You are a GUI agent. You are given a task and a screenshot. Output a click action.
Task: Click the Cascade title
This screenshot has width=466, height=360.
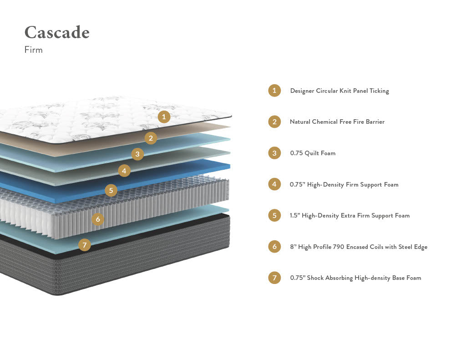click(x=57, y=33)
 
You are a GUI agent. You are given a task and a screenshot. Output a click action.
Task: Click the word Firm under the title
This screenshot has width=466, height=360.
click(x=34, y=50)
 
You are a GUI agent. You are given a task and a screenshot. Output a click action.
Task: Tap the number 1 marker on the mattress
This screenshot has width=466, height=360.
click(x=164, y=117)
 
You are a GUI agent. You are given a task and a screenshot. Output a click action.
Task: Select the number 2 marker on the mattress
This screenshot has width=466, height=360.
click(x=151, y=138)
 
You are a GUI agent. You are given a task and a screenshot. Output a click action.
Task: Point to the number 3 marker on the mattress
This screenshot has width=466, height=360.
click(x=137, y=154)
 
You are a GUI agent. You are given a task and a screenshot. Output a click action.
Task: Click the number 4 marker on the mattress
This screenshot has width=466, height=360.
click(x=124, y=171)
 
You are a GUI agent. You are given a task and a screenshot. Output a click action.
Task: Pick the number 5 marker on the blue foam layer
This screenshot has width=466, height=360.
click(x=111, y=190)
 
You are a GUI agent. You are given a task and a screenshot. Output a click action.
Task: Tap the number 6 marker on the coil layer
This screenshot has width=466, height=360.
click(x=97, y=219)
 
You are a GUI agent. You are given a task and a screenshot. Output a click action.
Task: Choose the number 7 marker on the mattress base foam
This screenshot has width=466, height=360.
click(x=84, y=245)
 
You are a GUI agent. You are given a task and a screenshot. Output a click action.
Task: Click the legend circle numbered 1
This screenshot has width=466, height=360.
click(x=274, y=91)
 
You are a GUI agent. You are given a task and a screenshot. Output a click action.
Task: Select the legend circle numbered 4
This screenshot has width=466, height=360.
click(x=274, y=184)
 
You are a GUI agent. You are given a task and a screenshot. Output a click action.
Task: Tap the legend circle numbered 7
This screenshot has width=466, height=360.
click(x=274, y=278)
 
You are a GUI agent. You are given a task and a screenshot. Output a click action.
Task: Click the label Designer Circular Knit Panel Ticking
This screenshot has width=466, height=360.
click(x=339, y=91)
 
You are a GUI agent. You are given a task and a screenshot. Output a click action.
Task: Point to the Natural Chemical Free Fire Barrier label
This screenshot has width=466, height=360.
click(x=337, y=122)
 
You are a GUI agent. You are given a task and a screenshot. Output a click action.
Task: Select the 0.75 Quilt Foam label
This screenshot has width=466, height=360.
click(x=313, y=153)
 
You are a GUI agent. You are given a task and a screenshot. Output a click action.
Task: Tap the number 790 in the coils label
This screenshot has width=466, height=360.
click(x=338, y=247)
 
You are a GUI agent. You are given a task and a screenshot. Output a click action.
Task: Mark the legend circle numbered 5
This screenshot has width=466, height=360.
click(x=274, y=215)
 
